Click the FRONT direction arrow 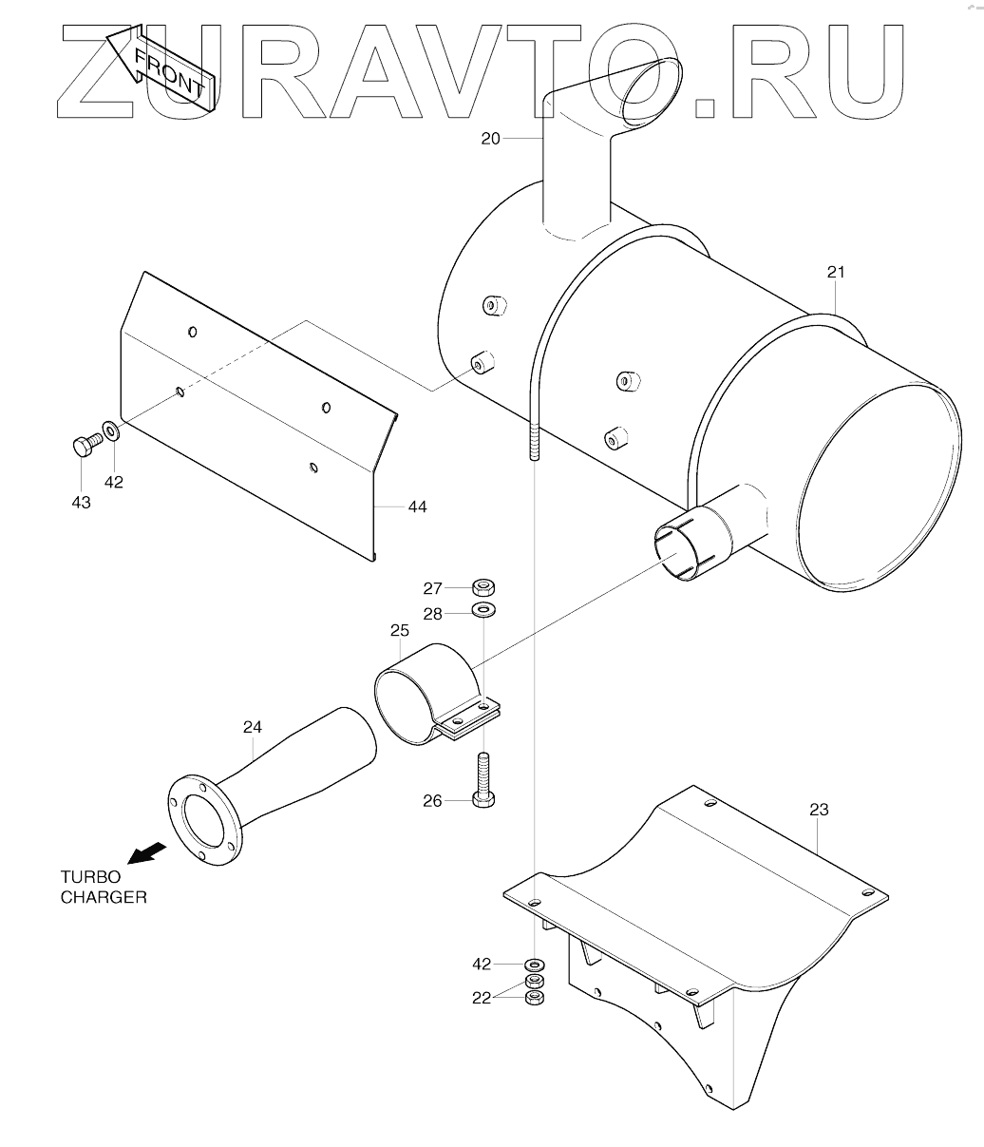161,68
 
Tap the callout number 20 490,139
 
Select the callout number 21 835,272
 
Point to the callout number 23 819,811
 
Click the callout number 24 253,726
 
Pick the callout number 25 399,630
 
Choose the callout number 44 417,507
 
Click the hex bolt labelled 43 87,445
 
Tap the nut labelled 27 483,586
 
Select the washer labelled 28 483,610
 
